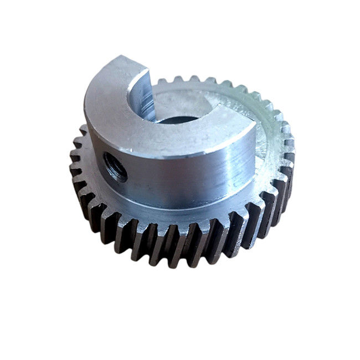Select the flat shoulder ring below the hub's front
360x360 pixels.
click(183, 208)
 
